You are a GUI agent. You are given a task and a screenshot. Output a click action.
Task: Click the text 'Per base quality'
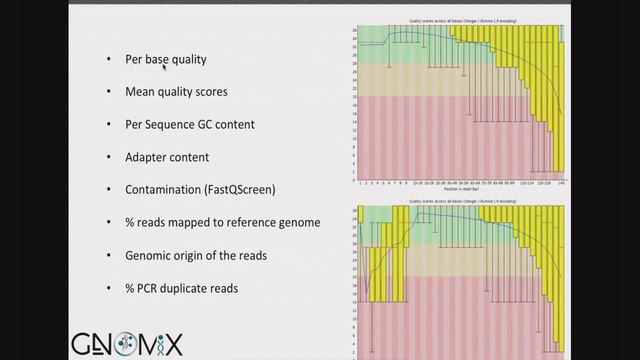coord(166,60)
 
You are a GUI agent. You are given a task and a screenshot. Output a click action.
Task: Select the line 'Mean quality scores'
coord(176,92)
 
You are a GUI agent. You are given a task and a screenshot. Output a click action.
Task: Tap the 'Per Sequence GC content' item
coord(190,125)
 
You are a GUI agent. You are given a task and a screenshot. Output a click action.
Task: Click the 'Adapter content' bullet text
coord(167,157)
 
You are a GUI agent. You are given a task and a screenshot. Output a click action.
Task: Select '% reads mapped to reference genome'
coord(222,222)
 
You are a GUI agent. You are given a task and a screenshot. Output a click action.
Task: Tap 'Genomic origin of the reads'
coord(196,255)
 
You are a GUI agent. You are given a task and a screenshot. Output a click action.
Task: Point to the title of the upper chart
coord(459,19)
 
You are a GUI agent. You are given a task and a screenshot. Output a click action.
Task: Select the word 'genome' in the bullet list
coord(297,223)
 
